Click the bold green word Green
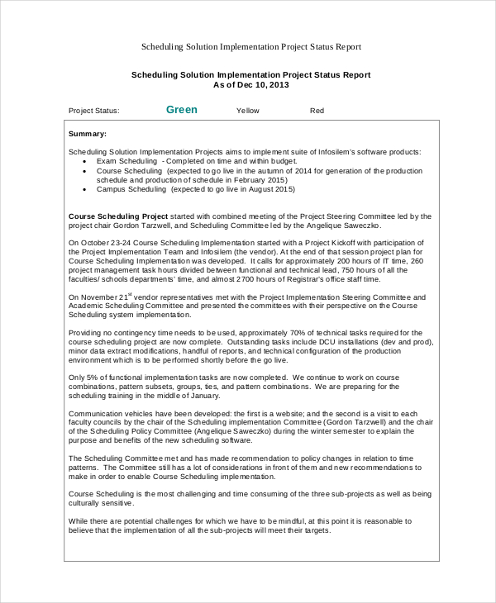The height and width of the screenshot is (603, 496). (x=182, y=110)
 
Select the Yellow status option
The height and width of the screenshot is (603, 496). (x=247, y=111)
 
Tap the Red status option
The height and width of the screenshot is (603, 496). (x=317, y=111)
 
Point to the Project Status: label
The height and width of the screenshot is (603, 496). (x=93, y=111)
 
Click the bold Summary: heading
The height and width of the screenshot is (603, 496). (x=87, y=133)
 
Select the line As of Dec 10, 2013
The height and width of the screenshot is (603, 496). (x=251, y=85)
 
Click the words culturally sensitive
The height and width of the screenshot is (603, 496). (x=98, y=502)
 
